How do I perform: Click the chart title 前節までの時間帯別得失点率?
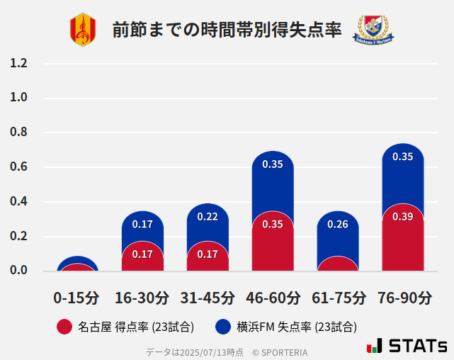point(227,30)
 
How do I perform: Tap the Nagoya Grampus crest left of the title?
point(82,30)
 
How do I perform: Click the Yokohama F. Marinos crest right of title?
point(373,29)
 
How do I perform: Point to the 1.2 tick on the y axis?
point(19,63)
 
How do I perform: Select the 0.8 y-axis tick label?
point(19,133)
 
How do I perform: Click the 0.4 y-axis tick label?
point(19,202)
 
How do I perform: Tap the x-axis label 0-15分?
point(76,298)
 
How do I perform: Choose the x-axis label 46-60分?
point(273,298)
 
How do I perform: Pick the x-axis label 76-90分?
point(403,298)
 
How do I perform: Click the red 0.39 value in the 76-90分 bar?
point(403,217)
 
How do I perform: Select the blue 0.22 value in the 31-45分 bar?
point(208,217)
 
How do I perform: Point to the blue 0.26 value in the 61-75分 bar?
point(338,225)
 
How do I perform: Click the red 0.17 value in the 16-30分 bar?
point(142,254)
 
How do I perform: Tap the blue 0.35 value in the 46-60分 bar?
point(273,164)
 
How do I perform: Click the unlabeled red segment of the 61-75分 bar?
point(338,264)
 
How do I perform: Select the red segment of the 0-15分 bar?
point(76,267)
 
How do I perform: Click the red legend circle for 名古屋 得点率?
point(64,327)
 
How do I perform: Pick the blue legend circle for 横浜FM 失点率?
point(223,327)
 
